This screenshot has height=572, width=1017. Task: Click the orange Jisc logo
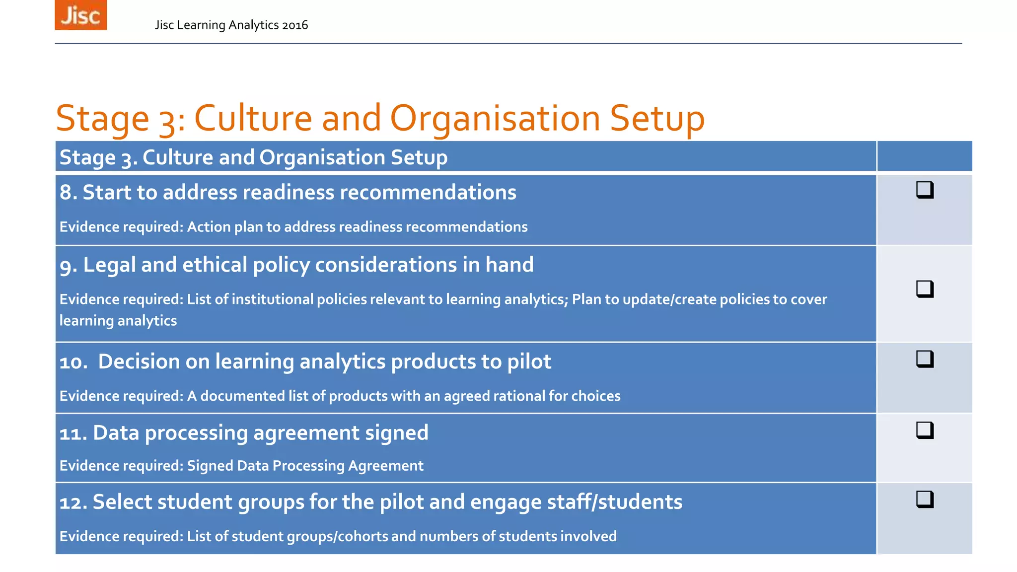[x=80, y=15]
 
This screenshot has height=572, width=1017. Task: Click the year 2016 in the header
[x=295, y=25]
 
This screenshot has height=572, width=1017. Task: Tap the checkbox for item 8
[x=925, y=190]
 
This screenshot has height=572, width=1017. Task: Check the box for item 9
[x=925, y=288]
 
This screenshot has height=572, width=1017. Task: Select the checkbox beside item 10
[x=925, y=358]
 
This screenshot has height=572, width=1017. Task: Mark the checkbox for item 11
[x=925, y=430]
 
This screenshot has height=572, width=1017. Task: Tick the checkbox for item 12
[x=925, y=499]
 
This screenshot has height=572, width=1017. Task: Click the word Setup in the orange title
[x=656, y=119]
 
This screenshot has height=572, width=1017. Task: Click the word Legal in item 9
[x=110, y=265]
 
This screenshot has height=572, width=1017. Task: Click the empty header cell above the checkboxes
[x=925, y=156]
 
